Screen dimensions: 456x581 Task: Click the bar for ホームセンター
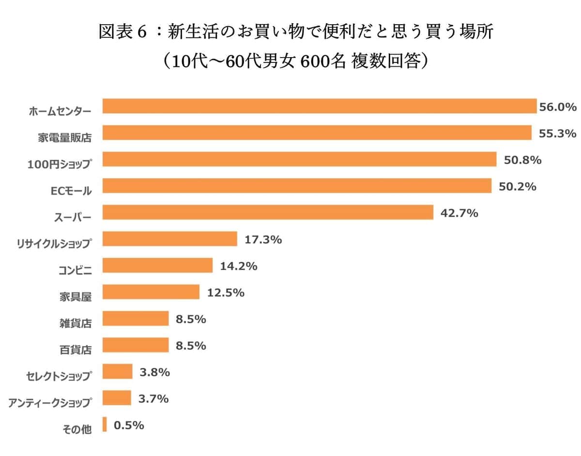click(320, 106)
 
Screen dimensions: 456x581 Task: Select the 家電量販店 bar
click(317, 133)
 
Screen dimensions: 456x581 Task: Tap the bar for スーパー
click(268, 213)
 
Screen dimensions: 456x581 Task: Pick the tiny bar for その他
click(105, 425)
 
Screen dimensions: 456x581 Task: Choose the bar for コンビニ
click(157, 266)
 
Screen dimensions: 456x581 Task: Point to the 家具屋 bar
click(151, 292)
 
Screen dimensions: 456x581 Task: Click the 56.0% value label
click(558, 107)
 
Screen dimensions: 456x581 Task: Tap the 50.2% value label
click(518, 186)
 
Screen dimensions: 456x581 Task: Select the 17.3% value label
click(263, 239)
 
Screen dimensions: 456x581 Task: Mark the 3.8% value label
click(154, 372)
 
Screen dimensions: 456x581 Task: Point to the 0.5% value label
click(129, 426)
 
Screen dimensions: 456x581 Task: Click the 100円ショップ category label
click(60, 164)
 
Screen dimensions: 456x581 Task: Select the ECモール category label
click(71, 191)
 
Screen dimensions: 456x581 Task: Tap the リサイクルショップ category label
click(53, 243)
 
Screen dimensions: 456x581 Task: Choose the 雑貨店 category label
click(75, 323)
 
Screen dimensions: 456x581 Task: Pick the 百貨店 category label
click(75, 350)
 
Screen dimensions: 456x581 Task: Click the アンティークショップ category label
click(49, 403)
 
